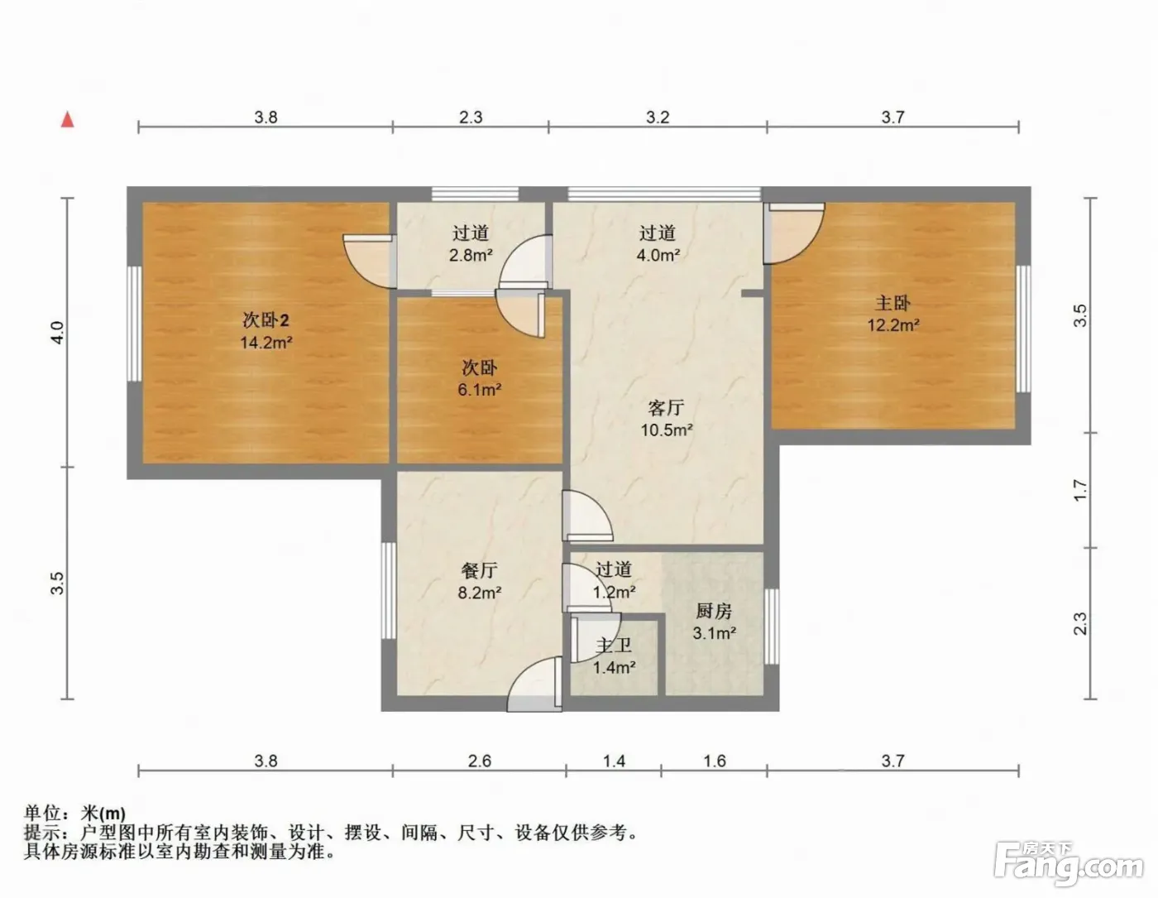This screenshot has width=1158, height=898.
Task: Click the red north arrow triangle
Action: [x=67, y=120]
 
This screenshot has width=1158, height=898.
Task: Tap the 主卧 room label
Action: [x=892, y=303]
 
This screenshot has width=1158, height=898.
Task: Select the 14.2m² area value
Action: [x=266, y=342]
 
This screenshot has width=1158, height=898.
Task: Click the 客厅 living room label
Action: [x=666, y=408]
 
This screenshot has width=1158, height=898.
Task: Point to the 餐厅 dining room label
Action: [x=479, y=570]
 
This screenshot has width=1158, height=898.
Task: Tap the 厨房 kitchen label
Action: [x=714, y=611]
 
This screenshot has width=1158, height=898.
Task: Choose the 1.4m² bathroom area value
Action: [x=614, y=666]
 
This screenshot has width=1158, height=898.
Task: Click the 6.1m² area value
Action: [x=479, y=390]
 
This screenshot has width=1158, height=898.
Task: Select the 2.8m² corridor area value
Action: [x=471, y=255]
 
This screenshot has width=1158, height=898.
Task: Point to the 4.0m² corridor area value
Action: [x=658, y=255]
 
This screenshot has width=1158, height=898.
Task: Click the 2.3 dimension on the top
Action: [x=471, y=117]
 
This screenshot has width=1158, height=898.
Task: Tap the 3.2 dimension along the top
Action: [x=658, y=117]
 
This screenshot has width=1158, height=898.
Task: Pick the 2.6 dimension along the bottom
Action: [x=480, y=761]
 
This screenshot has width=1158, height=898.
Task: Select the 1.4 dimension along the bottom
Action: [x=614, y=761]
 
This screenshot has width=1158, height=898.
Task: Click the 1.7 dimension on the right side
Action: [x=1079, y=490]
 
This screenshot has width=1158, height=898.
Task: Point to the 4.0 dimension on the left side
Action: [x=57, y=332]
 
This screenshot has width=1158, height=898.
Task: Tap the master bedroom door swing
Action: [x=793, y=233]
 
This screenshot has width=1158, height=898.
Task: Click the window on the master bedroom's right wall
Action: [x=1022, y=329]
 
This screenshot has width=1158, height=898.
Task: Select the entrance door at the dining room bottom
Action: [x=534, y=684]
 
